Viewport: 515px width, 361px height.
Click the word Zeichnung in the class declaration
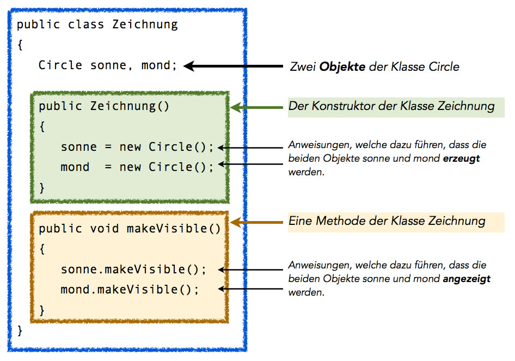pyautogui.click(x=145, y=25)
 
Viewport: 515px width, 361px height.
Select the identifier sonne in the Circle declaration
pyautogui.click(x=108, y=65)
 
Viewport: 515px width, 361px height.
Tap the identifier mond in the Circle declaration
pyautogui.click(x=156, y=65)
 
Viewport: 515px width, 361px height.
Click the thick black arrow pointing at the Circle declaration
pyautogui.click(x=234, y=66)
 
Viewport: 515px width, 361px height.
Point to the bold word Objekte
pyautogui.click(x=342, y=67)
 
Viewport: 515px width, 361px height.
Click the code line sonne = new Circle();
pyautogui.click(x=137, y=147)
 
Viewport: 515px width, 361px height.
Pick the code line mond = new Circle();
pyautogui.click(x=137, y=167)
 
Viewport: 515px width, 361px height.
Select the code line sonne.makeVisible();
pyautogui.click(x=133, y=270)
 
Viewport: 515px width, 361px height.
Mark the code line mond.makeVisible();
pyautogui.click(x=130, y=289)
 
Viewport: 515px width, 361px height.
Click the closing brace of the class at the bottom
pyautogui.click(x=20, y=330)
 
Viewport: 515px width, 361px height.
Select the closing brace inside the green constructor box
pyautogui.click(x=42, y=187)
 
